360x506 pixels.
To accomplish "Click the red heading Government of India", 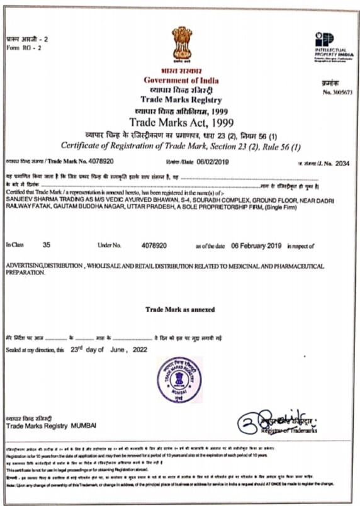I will (181, 81).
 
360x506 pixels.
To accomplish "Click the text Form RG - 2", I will (24, 48).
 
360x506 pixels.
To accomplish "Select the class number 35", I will (46, 244).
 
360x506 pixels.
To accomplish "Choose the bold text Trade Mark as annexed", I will (180, 310).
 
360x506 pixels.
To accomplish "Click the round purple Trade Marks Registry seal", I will (179, 379).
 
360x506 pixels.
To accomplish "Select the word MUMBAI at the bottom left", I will (84, 425).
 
